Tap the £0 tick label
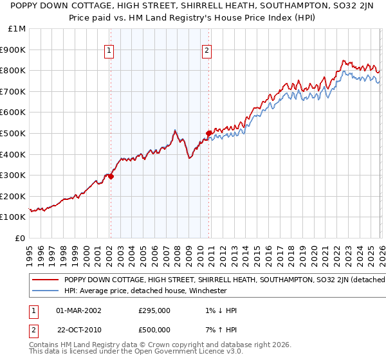20,238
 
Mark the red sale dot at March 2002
111,176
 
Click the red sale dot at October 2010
208,133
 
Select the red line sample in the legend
44,280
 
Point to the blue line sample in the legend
44,291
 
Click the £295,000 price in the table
154,310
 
